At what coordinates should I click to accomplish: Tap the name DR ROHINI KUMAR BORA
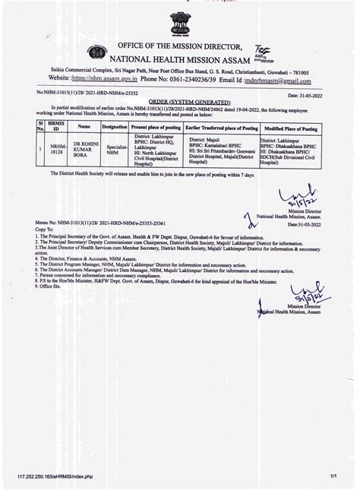pos(84,150)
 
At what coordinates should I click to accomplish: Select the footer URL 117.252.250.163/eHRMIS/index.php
pos(55,476)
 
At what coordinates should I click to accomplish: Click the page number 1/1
pos(333,476)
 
